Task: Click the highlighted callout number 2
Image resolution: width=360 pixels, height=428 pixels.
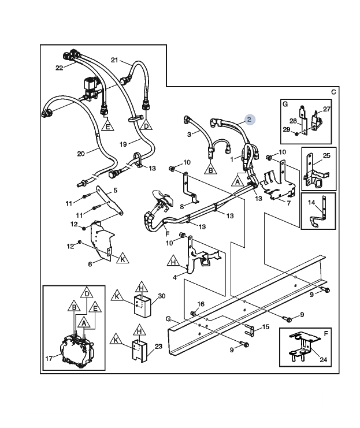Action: click(249, 120)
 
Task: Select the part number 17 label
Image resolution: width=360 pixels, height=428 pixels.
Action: click(49, 358)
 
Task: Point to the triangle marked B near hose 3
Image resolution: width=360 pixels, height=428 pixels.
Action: click(210, 169)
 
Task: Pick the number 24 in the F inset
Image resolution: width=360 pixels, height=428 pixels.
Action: click(323, 360)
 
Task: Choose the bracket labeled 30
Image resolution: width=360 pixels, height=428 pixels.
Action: click(142, 307)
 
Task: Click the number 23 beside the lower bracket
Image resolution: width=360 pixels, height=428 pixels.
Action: click(158, 347)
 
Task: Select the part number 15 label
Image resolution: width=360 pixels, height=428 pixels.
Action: click(265, 327)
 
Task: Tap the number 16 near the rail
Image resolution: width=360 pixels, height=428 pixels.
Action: click(201, 304)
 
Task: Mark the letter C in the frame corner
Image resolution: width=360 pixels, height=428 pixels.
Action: click(333, 92)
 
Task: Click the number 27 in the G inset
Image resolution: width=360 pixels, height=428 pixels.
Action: click(326, 109)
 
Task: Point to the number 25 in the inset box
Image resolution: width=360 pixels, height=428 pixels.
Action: click(326, 155)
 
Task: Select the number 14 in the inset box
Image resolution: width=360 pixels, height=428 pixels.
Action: click(311, 202)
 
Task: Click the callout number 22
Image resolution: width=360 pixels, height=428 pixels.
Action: click(60, 68)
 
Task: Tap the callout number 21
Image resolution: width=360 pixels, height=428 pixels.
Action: click(114, 59)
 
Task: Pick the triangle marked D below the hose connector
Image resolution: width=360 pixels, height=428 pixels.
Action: click(146, 125)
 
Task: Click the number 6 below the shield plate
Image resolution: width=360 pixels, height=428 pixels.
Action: click(90, 264)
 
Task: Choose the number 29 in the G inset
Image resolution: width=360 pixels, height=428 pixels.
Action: click(286, 129)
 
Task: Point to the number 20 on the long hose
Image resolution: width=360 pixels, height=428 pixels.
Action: click(81, 154)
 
